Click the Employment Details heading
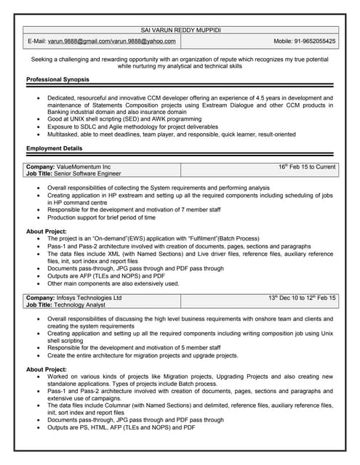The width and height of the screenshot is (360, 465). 54,148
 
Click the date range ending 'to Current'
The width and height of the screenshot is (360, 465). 306,166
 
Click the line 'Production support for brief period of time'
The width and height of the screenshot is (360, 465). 101,217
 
